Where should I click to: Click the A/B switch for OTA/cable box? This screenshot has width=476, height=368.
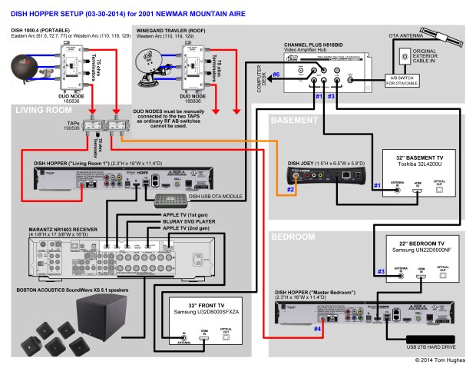(402, 81)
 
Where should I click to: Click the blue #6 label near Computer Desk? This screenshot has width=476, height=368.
(288, 75)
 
